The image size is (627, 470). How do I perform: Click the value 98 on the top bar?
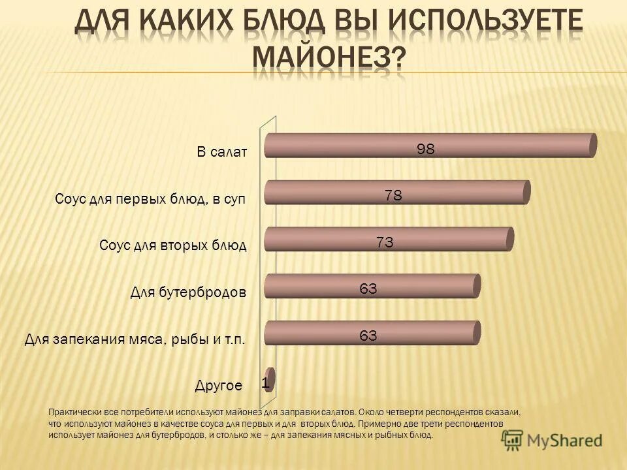(426, 149)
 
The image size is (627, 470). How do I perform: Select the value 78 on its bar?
(393, 195)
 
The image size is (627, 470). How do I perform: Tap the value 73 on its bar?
(384, 242)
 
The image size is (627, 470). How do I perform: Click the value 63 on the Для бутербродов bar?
(368, 289)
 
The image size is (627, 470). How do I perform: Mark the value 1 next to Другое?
(265, 384)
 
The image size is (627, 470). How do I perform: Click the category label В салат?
(222, 152)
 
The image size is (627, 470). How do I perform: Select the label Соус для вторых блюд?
(173, 245)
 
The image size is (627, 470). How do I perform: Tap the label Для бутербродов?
(188, 292)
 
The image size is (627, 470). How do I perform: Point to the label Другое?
(219, 385)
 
